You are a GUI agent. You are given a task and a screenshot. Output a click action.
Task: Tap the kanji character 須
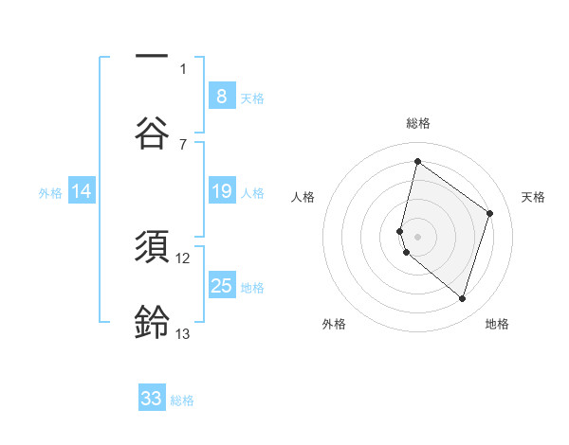coord(152,245)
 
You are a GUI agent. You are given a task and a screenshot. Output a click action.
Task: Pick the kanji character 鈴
coord(152,322)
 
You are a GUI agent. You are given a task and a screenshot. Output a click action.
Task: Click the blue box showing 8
coord(221,97)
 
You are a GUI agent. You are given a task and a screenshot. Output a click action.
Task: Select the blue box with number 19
coord(221,192)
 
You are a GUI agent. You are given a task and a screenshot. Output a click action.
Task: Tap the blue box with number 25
coord(221,286)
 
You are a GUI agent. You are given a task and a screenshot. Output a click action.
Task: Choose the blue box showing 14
coord(82,192)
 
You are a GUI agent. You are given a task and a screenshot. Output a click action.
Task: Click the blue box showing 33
coord(152,399)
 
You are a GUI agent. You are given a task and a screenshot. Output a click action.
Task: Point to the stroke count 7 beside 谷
coord(183,144)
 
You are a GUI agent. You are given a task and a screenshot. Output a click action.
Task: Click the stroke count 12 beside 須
coord(183,258)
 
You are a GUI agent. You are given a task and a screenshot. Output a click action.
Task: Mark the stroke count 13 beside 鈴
coord(183,333)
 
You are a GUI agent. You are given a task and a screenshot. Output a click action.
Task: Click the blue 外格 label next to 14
coord(50,193)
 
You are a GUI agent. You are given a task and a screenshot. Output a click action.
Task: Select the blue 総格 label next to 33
coord(182,400)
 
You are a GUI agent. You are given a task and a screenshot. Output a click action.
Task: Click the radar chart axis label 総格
coord(417,123)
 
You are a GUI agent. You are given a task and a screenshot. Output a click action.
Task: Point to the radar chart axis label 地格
coord(497,324)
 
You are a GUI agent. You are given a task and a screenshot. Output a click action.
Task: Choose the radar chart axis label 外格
coord(334,324)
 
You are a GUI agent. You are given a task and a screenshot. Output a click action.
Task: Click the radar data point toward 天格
coord(489,213)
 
